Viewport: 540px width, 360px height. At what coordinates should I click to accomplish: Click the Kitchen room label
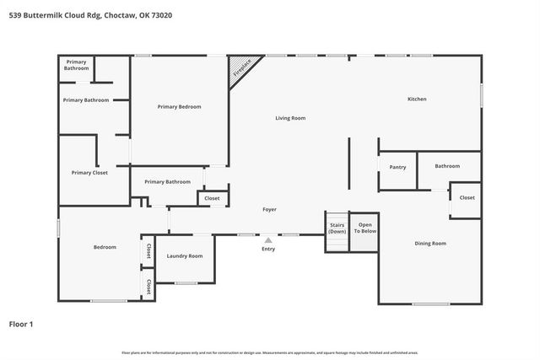(x=417, y=99)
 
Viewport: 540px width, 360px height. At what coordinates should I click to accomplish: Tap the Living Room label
(x=290, y=118)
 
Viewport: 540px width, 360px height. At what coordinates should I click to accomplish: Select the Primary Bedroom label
(x=179, y=107)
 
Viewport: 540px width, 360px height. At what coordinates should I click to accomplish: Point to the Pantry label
(x=397, y=167)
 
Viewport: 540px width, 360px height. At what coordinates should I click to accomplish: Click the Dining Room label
(x=430, y=244)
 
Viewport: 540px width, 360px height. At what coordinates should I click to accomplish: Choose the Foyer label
(x=269, y=209)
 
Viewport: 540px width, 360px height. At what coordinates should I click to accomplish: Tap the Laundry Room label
(x=184, y=255)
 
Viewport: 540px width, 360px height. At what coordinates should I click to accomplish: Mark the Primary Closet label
(x=89, y=173)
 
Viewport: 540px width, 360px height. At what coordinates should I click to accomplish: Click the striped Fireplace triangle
(x=240, y=68)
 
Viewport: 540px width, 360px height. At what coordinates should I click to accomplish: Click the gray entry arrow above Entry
(x=268, y=240)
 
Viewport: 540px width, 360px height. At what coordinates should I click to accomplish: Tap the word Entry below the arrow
(x=268, y=249)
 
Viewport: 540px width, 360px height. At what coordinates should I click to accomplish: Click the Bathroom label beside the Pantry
(x=447, y=166)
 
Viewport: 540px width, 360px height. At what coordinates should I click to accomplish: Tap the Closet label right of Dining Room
(x=467, y=198)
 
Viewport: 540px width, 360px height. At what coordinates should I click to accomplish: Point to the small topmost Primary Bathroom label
(x=76, y=65)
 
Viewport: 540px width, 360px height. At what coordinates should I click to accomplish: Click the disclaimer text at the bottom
(x=269, y=352)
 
